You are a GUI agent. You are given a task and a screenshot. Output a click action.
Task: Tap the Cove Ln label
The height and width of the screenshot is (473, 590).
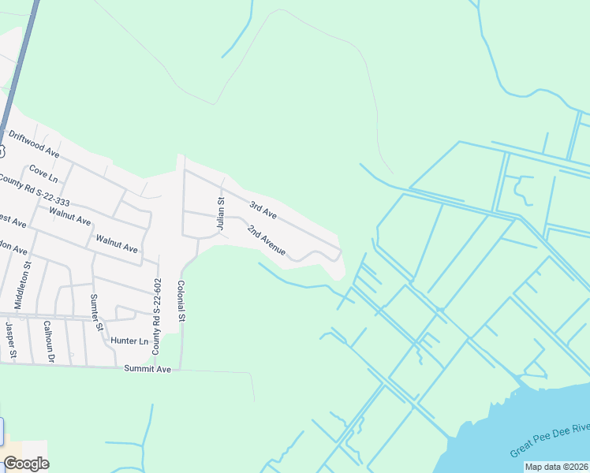[x=43, y=171]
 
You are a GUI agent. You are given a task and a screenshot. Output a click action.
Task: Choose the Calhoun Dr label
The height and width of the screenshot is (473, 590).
[x=49, y=341]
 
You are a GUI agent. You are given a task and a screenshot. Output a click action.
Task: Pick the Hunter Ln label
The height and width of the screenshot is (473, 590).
[x=129, y=341]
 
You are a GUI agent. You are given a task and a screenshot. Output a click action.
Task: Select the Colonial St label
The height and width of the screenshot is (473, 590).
[x=181, y=300]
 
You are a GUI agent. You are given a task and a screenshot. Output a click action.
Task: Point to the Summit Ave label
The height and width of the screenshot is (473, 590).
[x=147, y=369]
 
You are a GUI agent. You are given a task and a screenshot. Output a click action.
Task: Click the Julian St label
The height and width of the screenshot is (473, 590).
[x=222, y=213]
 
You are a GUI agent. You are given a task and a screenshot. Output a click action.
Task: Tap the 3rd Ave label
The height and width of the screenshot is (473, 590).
[x=263, y=210]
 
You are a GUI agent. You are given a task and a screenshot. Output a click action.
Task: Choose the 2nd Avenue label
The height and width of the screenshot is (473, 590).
[x=265, y=240]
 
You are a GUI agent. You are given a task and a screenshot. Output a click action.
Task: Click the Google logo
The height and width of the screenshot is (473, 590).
[x=26, y=464]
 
